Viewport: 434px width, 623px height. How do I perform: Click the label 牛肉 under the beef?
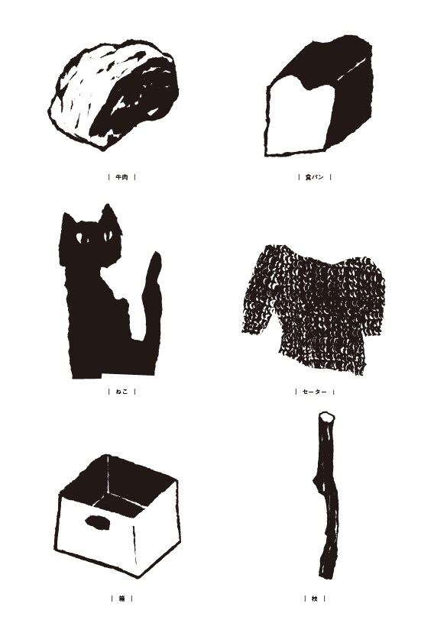pos(121,177)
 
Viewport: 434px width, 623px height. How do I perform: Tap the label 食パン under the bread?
pos(314,177)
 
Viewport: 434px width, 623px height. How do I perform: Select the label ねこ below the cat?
pos(121,392)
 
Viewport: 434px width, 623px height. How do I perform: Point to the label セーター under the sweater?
pos(314,392)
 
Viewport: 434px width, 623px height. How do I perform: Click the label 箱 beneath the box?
pos(121,599)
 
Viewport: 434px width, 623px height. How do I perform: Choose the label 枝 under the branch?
pos(314,599)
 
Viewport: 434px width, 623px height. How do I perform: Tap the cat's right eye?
pos(107,237)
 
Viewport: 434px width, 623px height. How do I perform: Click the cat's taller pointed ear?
pos(107,215)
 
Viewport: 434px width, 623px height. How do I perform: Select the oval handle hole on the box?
pos(98,522)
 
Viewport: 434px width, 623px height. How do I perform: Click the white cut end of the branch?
pos(326,417)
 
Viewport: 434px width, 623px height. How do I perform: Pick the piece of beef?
pos(114,95)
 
